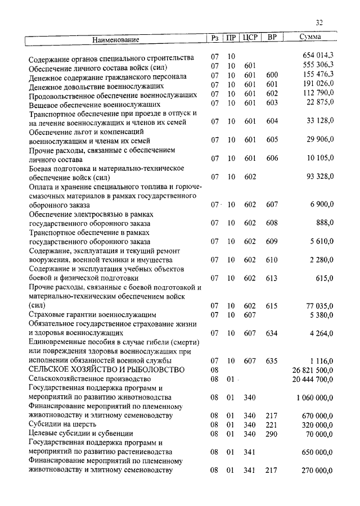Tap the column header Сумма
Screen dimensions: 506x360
[310, 38]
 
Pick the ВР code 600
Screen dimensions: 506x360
[272, 75]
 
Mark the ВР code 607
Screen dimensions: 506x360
[272, 205]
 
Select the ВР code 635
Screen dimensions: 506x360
[272, 360]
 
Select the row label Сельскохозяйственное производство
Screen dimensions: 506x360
[84, 379]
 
